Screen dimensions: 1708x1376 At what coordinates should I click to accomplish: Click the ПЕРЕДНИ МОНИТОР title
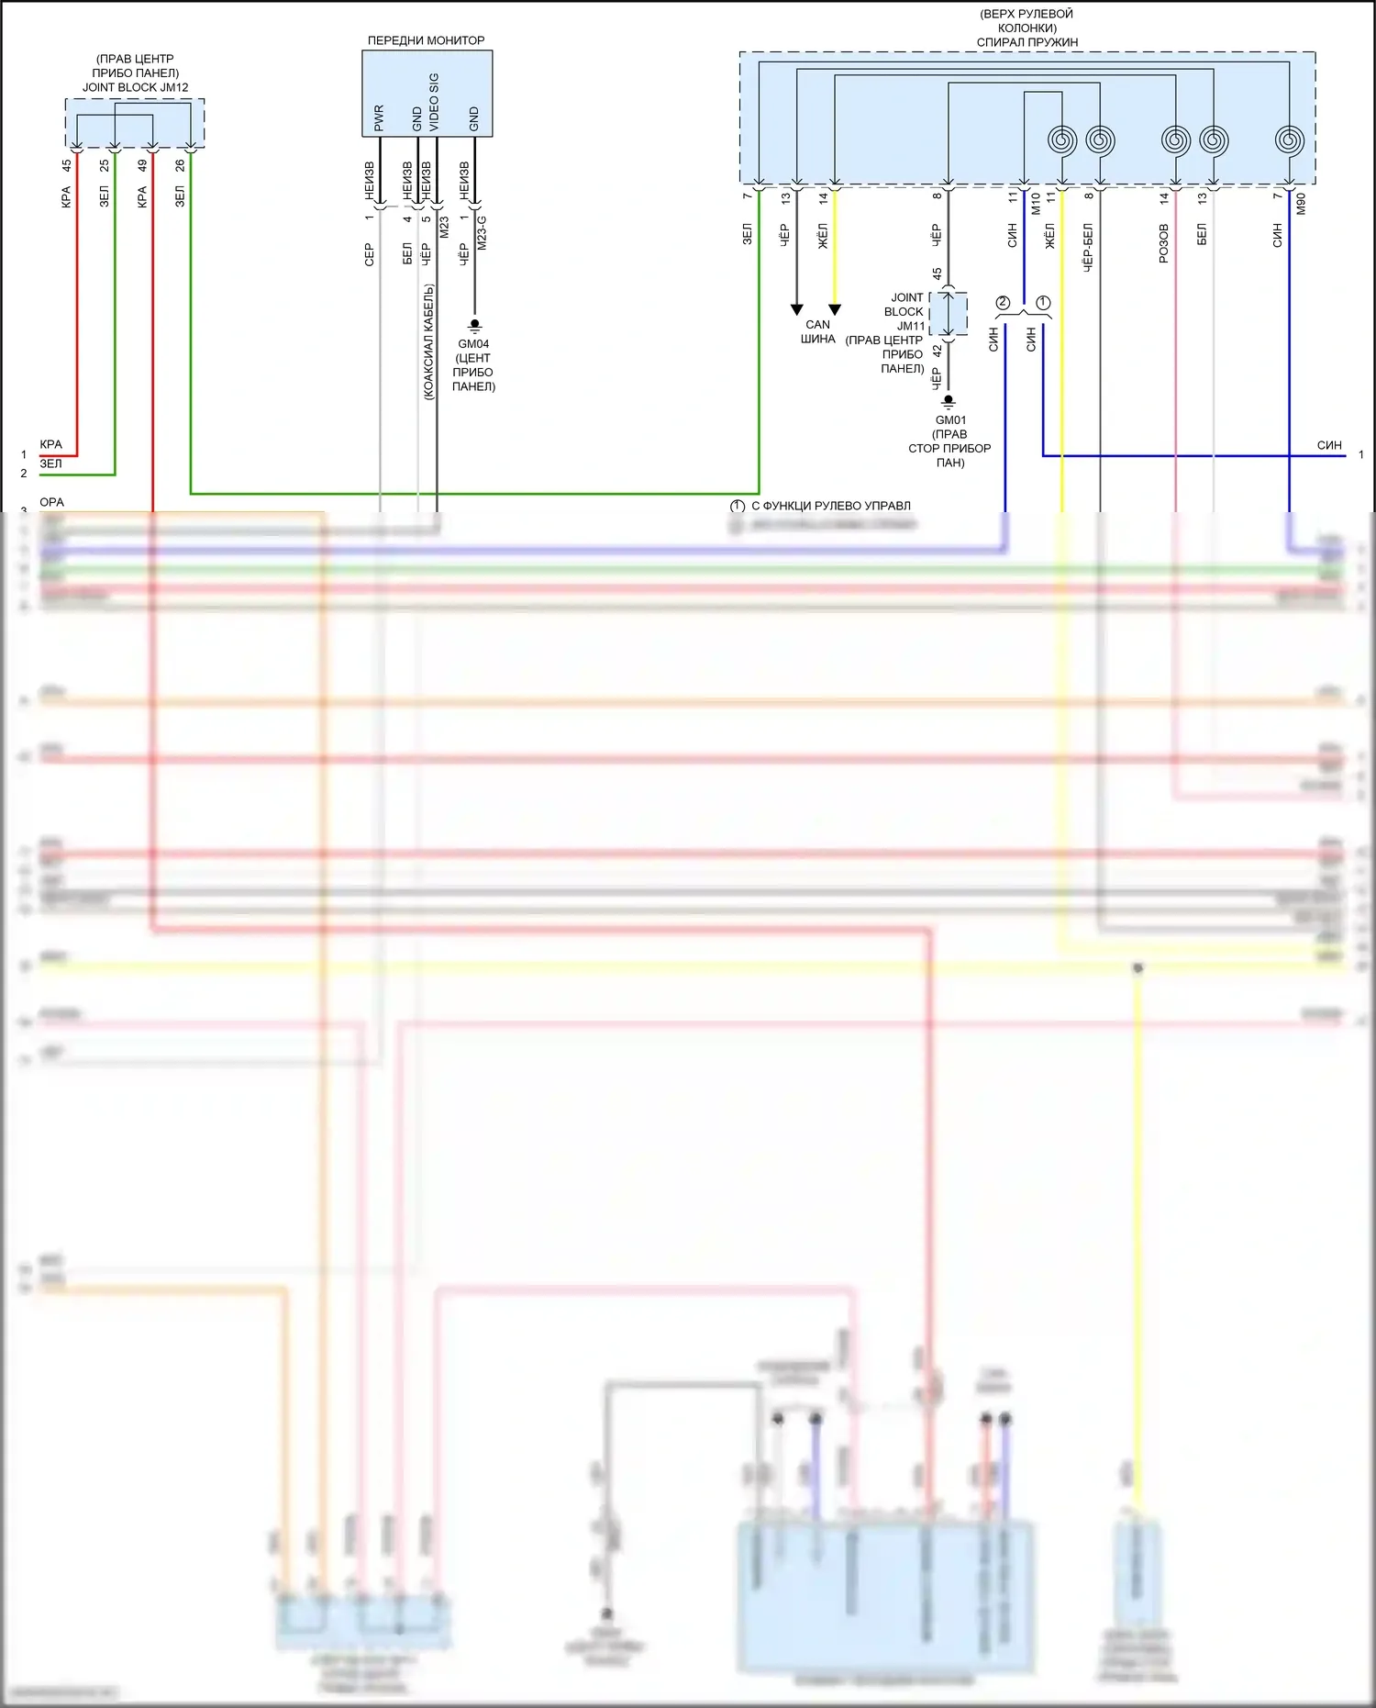pos(426,40)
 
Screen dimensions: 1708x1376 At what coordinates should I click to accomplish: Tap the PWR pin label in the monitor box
pos(379,117)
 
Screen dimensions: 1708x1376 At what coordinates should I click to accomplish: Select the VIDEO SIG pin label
pos(434,102)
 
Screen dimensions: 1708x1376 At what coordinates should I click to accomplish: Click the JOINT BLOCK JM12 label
pos(135,88)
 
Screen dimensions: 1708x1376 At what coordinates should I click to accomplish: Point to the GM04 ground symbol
pos(474,326)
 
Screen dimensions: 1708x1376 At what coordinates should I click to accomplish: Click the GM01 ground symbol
pos(949,402)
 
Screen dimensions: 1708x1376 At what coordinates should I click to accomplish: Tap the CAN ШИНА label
pos(817,331)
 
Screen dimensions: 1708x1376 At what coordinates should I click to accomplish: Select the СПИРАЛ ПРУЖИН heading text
pos(1026,42)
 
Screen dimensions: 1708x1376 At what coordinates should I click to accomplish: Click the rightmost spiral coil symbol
pos(1289,140)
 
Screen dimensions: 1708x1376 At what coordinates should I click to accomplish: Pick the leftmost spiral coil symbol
pos(1062,140)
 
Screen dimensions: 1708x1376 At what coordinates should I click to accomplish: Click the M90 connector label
pos(1301,204)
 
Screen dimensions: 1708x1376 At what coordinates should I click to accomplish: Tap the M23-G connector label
pos(483,233)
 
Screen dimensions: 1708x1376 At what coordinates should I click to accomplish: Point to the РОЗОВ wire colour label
pos(1164,243)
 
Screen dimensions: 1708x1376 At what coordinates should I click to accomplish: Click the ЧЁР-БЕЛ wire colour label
pos(1088,247)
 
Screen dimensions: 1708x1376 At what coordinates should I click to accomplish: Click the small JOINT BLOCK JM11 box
pos(949,314)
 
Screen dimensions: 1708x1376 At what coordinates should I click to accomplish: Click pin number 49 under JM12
pos(142,166)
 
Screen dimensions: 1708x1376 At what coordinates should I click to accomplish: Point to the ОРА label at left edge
pos(51,502)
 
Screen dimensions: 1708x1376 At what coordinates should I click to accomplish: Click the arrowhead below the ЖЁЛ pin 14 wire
pos(835,310)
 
